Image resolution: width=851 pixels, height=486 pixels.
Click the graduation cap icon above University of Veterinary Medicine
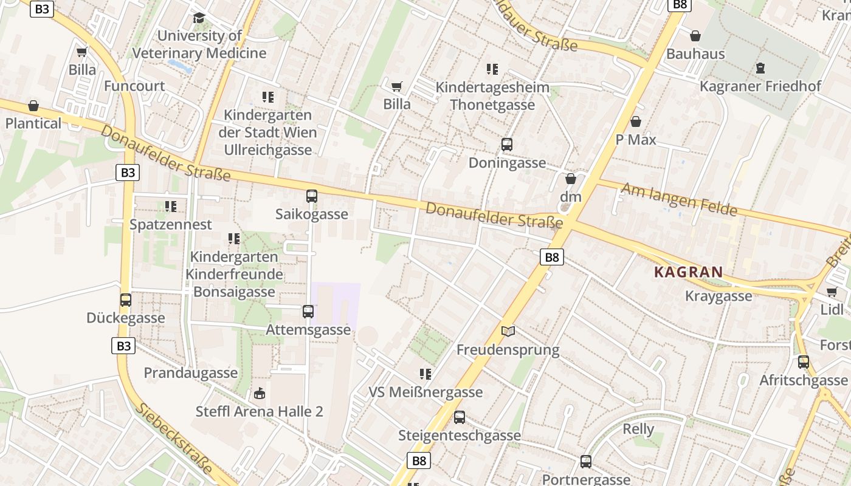coord(199,18)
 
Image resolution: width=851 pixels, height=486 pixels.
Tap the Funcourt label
coord(134,86)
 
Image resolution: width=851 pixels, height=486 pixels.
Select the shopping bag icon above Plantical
coord(33,106)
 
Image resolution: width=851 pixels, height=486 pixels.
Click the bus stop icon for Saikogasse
coord(312,196)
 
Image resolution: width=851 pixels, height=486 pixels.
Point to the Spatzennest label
coord(171,224)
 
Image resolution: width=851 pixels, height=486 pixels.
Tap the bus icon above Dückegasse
coord(126,299)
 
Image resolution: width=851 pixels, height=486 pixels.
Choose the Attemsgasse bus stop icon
coord(308,312)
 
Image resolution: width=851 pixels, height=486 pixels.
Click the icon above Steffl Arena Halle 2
coord(260,394)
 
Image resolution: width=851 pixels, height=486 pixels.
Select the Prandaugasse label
coord(191,372)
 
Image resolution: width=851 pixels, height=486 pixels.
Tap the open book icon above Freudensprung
coord(508,331)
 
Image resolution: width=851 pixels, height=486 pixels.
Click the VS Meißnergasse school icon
coord(425,374)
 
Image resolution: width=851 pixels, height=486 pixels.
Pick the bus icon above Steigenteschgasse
coord(460,417)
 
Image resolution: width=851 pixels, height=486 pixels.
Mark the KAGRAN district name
coord(689,272)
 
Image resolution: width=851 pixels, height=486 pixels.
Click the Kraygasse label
coord(718,296)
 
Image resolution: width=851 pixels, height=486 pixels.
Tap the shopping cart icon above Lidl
coord(832,292)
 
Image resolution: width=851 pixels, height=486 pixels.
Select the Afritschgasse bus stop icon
coord(804,362)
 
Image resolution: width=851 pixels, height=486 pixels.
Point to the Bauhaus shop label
coord(695,53)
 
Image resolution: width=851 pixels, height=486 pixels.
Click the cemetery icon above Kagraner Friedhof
coord(760,68)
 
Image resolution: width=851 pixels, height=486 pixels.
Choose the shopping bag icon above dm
coord(570,179)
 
